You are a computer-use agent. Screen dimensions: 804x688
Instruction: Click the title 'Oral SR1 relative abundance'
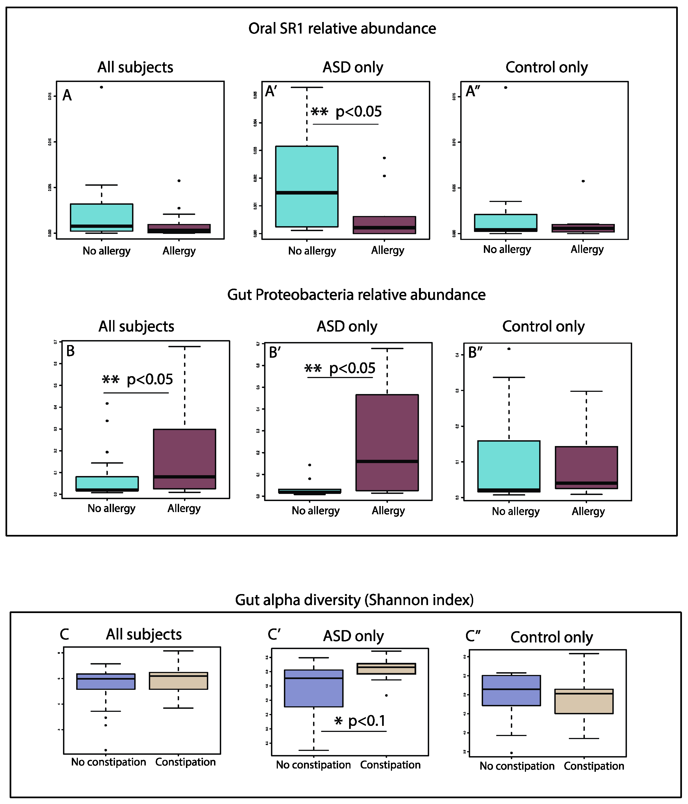(x=342, y=29)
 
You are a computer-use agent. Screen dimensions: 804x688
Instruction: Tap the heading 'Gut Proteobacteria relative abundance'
(x=356, y=295)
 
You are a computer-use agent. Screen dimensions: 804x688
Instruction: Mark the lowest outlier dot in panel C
(x=106, y=750)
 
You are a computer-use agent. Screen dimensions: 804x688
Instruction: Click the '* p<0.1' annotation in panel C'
(x=360, y=721)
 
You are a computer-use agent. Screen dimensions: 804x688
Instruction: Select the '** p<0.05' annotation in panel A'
(x=346, y=112)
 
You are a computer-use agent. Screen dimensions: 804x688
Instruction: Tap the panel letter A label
(x=67, y=95)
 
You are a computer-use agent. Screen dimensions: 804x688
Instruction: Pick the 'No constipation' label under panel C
(x=109, y=762)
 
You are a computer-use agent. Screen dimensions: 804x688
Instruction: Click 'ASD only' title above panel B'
(x=347, y=326)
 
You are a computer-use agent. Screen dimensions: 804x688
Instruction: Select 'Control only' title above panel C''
(x=551, y=637)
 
